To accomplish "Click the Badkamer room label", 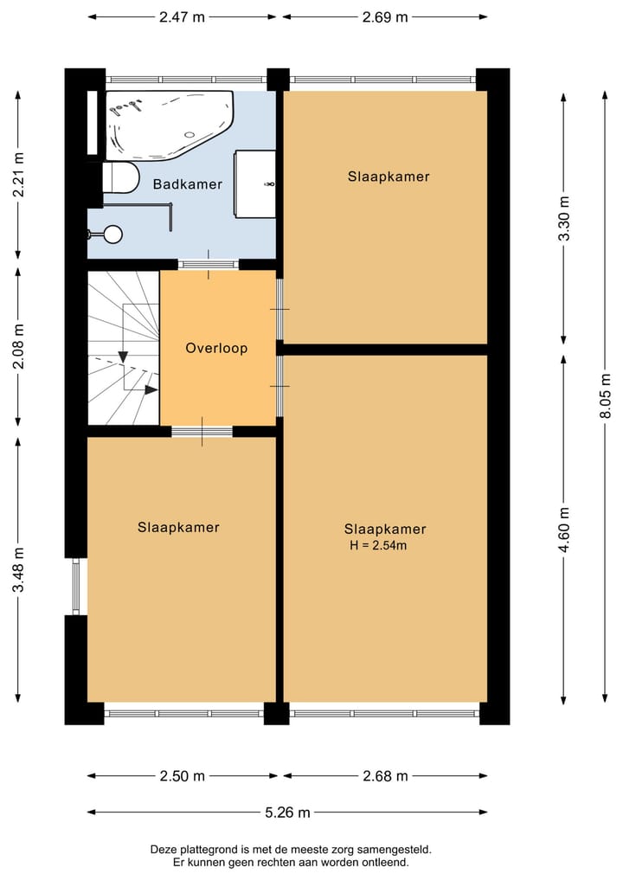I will point(188,184).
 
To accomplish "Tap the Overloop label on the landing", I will point(216,348).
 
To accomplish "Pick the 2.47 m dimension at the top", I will point(183,16).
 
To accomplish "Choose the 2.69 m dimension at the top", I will point(384,16).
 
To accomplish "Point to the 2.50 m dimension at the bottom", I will point(182,776).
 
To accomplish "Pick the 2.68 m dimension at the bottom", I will point(384,776).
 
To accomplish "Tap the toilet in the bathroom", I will point(120,178).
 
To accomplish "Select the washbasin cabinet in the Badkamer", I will point(256,183).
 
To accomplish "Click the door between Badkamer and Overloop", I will point(208,265).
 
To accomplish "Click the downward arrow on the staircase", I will point(123,356).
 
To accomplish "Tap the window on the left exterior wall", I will point(75,587).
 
